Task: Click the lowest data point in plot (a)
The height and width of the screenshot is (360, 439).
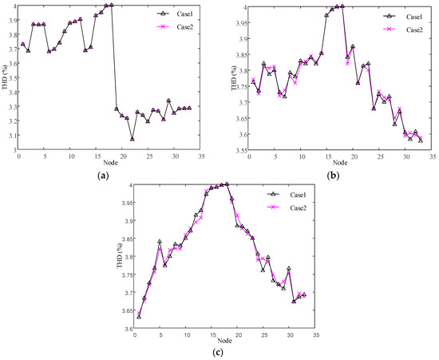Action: (132, 139)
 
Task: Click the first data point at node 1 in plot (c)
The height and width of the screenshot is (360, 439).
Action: (139, 317)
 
